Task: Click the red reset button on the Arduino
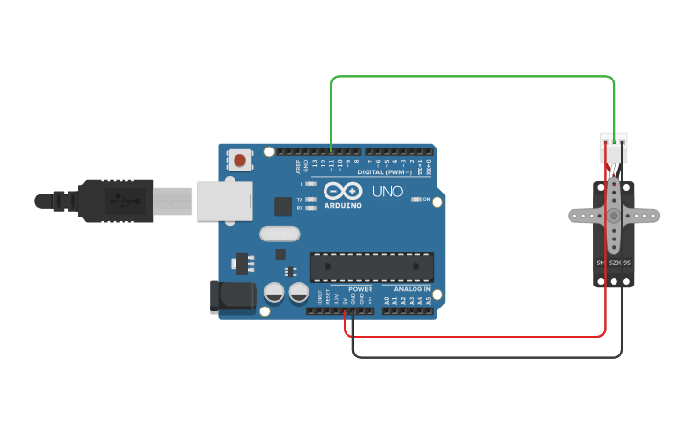click(x=239, y=160)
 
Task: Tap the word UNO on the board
click(x=387, y=192)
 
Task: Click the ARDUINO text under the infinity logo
click(x=343, y=205)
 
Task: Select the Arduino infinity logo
click(x=342, y=191)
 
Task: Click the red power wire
click(x=479, y=336)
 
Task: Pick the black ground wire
click(x=479, y=357)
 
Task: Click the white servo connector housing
click(x=614, y=148)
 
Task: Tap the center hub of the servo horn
click(x=614, y=216)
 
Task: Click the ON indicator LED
click(x=415, y=199)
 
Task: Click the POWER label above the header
click(x=360, y=288)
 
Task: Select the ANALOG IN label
click(x=413, y=288)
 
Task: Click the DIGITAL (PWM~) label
click(x=384, y=172)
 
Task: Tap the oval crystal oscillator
click(x=280, y=233)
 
